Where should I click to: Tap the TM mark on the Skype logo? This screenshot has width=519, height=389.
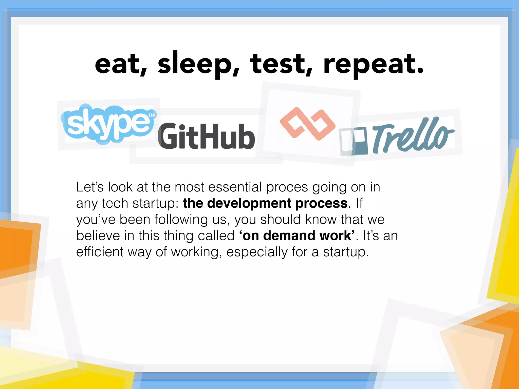point(151,115)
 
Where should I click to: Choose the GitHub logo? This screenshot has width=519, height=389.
point(206,136)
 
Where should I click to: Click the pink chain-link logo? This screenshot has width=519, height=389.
point(308,124)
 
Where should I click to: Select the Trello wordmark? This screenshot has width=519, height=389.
point(413,135)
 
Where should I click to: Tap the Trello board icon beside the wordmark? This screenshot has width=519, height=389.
point(353,141)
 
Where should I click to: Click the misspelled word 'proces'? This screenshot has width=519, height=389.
point(287,187)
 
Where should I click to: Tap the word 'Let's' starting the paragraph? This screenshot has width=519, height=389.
point(90,187)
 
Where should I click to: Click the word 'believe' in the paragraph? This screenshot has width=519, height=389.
point(98,236)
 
